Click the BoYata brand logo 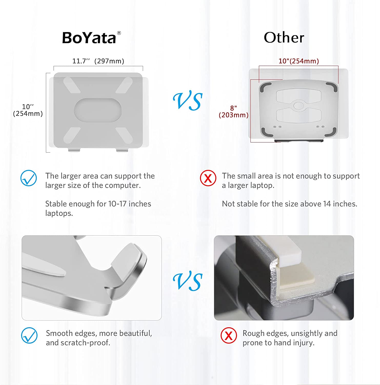pos(91,38)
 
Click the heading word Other pos(284,37)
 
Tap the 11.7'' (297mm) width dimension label pos(98,61)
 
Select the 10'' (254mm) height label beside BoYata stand pos(28,110)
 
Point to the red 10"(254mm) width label pos(299,61)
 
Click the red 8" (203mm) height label pos(234,112)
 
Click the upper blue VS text pos(188,101)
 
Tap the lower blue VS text pos(188,281)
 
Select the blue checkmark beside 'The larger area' pos(28,178)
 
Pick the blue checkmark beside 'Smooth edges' pos(29,335)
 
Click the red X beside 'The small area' pos(208,178)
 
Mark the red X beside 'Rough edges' pos(229,335)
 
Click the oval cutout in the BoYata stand pos(98,110)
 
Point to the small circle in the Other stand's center pos(298,105)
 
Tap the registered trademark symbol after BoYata pos(119,33)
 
